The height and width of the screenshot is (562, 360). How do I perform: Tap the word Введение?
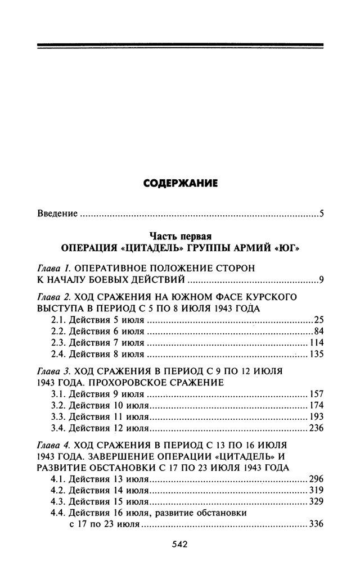tap(56, 214)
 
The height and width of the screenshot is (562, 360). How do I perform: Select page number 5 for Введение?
tap(320, 214)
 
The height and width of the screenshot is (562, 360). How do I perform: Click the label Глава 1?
tap(53, 269)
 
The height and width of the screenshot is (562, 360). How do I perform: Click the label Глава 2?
tap(53, 296)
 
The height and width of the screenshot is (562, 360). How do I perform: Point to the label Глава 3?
tap(53, 371)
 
